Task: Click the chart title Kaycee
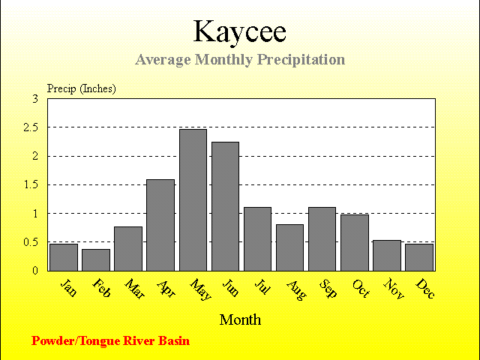240,31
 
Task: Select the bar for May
193,200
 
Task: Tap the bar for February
96,260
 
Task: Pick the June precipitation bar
225,206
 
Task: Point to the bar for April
160,225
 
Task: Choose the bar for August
290,247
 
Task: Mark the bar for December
419,257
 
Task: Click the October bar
355,243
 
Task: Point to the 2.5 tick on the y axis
31,127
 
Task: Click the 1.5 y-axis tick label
31,185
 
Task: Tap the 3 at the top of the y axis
35,99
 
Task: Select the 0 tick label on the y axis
35,271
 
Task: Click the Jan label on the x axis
68,287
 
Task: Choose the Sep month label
328,288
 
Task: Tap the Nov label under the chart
394,288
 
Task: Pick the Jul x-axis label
262,286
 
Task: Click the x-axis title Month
240,320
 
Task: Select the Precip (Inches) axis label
82,88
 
